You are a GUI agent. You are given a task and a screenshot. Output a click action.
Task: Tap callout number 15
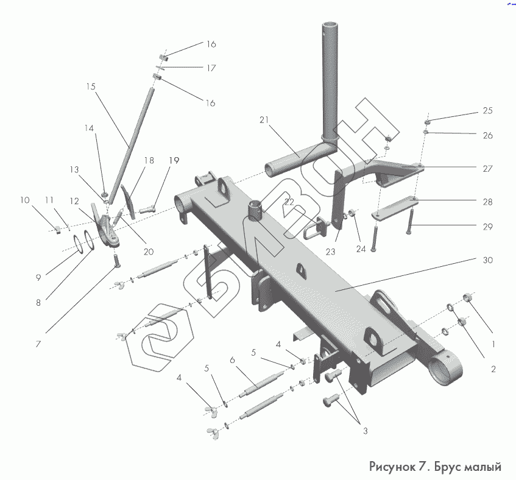point(91,87)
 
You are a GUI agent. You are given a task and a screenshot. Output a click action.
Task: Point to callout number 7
point(38,344)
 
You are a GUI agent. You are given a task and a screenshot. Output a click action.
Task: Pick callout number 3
point(366,431)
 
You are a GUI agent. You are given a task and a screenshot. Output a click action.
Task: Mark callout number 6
point(232,360)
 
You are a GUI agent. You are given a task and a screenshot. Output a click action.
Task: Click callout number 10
point(24,200)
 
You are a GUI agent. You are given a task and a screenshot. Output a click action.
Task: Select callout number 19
point(174,161)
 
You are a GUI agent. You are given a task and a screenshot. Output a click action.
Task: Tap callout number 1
point(493,344)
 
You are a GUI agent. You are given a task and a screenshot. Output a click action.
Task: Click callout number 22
point(289,201)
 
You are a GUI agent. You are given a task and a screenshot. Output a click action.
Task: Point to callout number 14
point(90,129)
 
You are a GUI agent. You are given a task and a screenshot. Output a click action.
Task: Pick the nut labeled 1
point(468,298)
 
